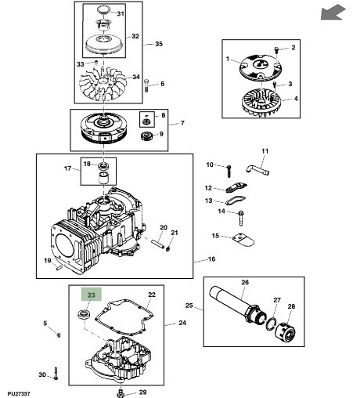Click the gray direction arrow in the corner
tap(333, 13)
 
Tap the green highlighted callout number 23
tap(91, 295)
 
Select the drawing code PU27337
tap(19, 393)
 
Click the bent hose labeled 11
tap(257, 170)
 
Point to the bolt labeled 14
tap(240, 219)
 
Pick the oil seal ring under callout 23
tap(85, 313)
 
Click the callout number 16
tap(211, 259)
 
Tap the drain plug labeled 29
tap(120, 393)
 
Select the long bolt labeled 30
tap(56, 373)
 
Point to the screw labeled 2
tap(277, 49)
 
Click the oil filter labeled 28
tap(286, 333)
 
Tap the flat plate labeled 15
tap(243, 240)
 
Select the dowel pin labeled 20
tap(158, 243)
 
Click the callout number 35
tap(159, 44)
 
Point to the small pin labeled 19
tap(59, 267)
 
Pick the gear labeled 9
tap(146, 136)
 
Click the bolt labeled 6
tap(146, 85)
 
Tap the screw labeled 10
tap(229, 171)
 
